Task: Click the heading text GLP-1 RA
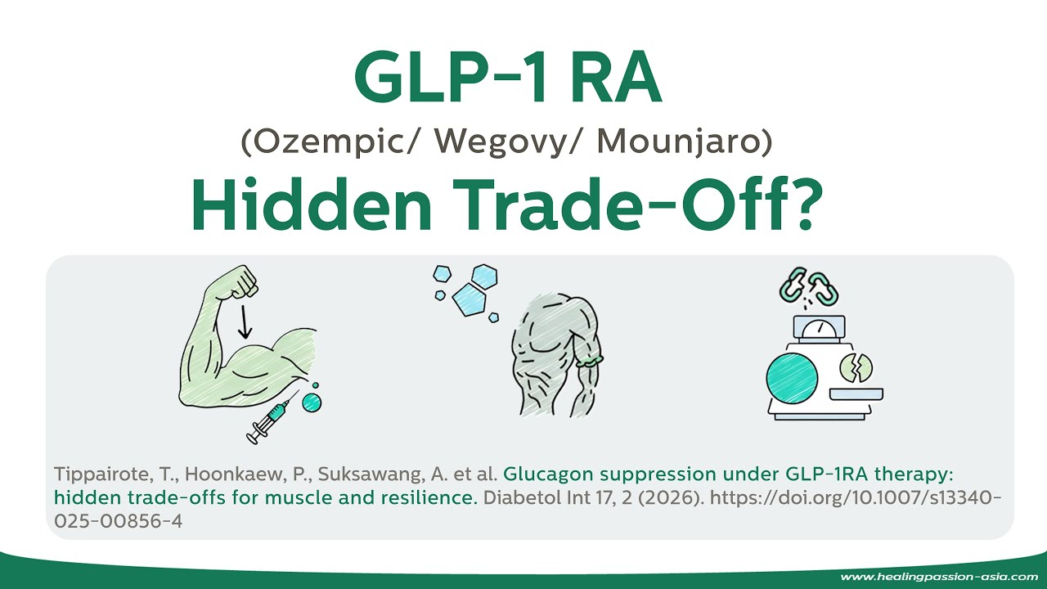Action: [507, 80]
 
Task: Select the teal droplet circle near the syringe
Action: [312, 402]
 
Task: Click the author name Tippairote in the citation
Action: [91, 474]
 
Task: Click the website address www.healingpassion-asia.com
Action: [939, 577]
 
